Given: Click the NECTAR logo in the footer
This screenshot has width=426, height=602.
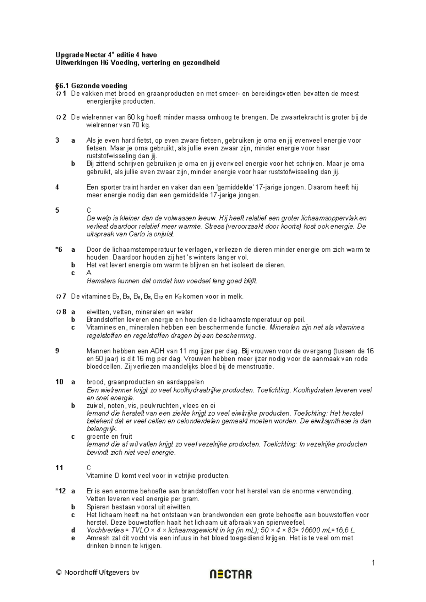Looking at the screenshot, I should tap(231, 574).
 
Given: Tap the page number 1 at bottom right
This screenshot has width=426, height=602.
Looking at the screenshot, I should tap(373, 563).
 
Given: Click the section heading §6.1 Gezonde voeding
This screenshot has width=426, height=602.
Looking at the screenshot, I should tap(91, 86).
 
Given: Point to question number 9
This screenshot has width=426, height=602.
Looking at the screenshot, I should tap(58, 351).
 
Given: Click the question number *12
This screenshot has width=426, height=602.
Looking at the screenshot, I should tap(61, 491).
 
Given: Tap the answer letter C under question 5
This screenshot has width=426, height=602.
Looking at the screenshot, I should tap(89, 210).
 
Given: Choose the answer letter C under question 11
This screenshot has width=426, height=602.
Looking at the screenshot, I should tap(89, 468).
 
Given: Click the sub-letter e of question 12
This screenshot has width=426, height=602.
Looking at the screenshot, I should tap(73, 538).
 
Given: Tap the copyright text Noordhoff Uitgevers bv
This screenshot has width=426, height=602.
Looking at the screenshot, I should tap(97, 572).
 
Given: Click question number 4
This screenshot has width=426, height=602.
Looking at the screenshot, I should tap(58, 187).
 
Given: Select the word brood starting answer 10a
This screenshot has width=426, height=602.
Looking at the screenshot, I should tap(95, 382).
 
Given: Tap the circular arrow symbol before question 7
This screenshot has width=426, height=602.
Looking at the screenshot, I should tap(58, 296).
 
